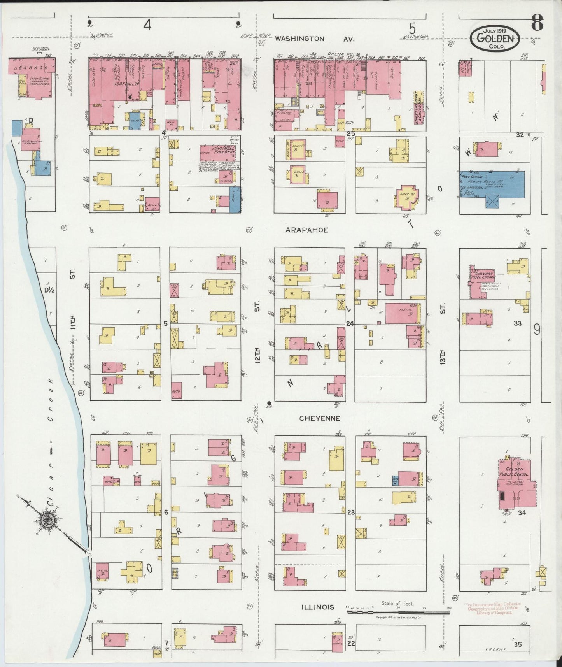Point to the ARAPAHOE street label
click(306, 230)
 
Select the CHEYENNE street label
click(320, 418)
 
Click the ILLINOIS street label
click(318, 607)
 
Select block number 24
click(350, 324)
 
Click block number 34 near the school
click(522, 513)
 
